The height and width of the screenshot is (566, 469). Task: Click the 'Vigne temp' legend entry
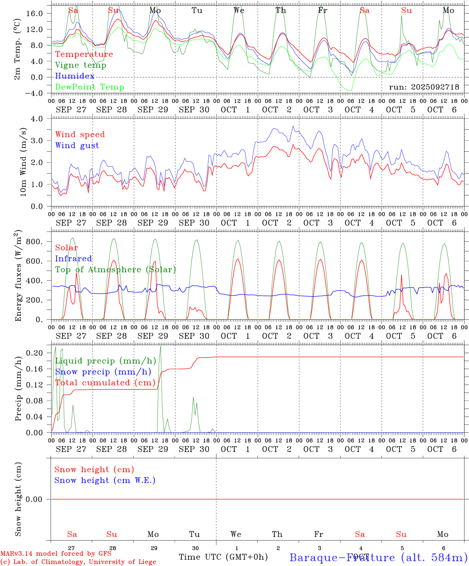81,65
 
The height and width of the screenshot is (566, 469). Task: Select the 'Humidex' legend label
75,76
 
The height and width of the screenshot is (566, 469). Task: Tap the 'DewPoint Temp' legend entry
90,87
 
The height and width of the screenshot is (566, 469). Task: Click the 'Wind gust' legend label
77,145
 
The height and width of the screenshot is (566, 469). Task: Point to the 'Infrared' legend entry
73,259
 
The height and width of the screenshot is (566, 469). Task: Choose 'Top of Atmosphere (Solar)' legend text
115,270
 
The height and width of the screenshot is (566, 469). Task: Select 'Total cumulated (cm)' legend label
105,382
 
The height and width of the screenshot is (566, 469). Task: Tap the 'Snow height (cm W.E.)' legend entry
105,480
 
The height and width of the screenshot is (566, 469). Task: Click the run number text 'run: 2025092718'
424,87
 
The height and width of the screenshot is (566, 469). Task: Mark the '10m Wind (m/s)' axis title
23,163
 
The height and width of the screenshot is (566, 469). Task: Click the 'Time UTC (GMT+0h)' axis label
223,557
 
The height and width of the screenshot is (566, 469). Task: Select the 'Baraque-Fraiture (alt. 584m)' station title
378,557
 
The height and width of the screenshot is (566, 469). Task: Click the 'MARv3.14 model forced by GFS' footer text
56,553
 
